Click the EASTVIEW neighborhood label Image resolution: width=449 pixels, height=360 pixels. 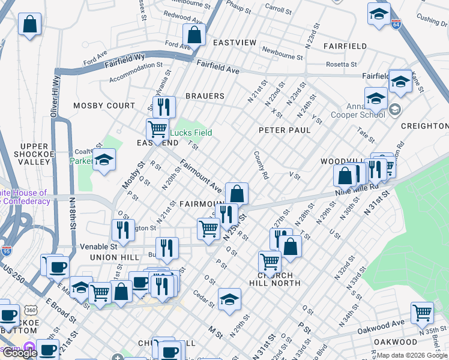tap(235, 43)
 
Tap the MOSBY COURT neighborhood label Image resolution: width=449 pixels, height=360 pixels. tap(104, 106)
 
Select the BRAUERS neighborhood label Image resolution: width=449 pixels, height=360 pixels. tap(205, 96)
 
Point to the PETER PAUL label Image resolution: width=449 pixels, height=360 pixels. tap(285, 130)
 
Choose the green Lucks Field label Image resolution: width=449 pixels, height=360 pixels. tap(191, 133)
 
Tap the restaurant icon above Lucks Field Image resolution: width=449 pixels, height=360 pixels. tap(163, 106)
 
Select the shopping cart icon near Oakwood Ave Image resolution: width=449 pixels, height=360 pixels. tap(422, 312)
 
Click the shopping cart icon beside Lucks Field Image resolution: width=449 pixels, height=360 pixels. tap(157, 128)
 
